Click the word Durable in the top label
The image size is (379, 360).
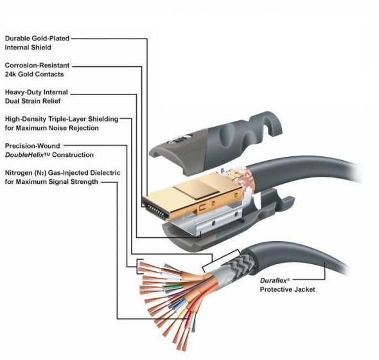point(19,39)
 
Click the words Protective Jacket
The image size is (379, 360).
point(287,290)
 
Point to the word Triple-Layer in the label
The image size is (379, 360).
point(73,119)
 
